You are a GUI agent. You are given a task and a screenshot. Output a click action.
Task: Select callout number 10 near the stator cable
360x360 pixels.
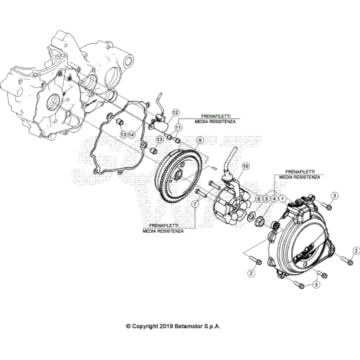click(x=246, y=166)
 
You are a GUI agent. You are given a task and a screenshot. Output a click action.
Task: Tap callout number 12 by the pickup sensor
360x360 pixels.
click(x=175, y=114)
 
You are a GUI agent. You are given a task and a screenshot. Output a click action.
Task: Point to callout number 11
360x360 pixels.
click(x=178, y=127)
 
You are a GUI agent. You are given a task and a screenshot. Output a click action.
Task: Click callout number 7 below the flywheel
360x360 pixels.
click(x=196, y=205)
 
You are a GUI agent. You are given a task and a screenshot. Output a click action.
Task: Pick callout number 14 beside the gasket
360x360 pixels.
click(x=133, y=135)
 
